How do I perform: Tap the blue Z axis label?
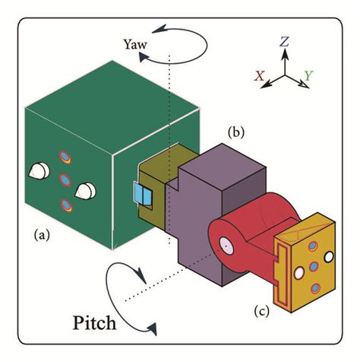click(x=283, y=43)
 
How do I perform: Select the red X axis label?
click(x=261, y=76)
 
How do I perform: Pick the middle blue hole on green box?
click(x=65, y=181)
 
